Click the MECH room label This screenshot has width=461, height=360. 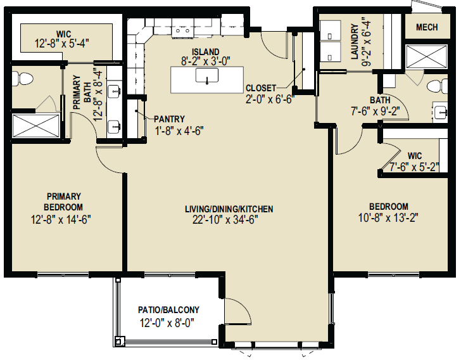coord(427,27)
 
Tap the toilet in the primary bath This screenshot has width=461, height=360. coord(23,79)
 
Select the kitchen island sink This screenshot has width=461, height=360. coord(207,75)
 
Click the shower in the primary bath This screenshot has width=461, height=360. coord(36,126)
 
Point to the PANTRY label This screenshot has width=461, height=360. coord(169,119)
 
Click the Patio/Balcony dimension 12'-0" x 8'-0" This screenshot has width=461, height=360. coord(167,323)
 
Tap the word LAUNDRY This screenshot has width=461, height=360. coord(355,41)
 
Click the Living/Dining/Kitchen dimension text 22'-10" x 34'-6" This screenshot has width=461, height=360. coord(225,219)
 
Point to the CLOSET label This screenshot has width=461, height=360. coord(261,88)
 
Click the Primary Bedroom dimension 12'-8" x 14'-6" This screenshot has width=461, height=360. coord(61,219)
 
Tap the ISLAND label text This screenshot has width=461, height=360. coord(206,52)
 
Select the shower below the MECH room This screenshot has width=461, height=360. coord(426,56)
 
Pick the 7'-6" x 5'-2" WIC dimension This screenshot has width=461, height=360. coord(414,167)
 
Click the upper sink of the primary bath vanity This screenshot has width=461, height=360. coord(114,91)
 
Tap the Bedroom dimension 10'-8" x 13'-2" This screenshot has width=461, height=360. coord(388,218)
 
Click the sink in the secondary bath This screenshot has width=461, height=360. coord(441,112)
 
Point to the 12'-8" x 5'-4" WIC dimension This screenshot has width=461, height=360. coord(62,44)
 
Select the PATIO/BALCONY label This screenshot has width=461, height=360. coord(168,310)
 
